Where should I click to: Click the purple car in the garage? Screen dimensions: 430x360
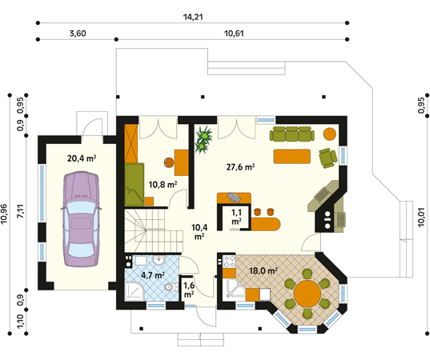point(81,219)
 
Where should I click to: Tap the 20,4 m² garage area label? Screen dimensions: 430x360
point(82,158)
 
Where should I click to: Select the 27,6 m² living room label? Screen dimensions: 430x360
point(240,167)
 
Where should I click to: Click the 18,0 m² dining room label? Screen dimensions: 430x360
point(263,271)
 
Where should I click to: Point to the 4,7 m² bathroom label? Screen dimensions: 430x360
point(153,274)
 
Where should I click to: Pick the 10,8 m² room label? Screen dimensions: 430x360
point(163,185)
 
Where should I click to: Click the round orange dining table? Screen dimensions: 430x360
point(307,294)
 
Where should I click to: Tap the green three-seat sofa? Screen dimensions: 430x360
point(292,134)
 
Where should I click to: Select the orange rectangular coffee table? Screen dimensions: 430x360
point(292,157)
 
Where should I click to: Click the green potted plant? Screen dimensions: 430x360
point(203,139)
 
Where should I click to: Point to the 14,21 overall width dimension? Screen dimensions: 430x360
point(193,17)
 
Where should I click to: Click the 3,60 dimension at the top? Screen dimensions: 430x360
point(78,34)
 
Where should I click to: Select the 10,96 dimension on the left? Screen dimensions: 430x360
point(4,214)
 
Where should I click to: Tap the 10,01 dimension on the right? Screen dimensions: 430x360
point(421,218)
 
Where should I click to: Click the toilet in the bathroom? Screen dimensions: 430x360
point(171,287)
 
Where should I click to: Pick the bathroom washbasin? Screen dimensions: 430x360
point(159,260)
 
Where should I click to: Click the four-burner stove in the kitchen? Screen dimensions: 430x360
point(230,262)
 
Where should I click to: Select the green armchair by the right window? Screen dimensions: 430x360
point(328,158)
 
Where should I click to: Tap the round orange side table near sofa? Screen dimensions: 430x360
point(330,134)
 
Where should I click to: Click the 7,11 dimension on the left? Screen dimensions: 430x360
point(21,212)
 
